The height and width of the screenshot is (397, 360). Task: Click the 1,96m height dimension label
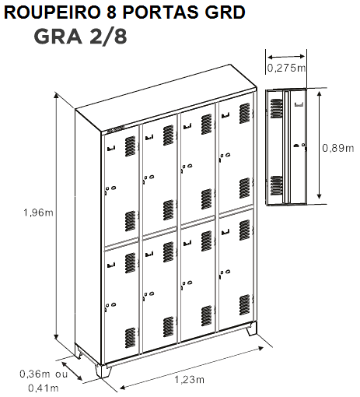(x=38, y=213)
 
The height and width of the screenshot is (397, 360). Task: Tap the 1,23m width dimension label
(x=189, y=380)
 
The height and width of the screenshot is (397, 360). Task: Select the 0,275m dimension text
(x=286, y=68)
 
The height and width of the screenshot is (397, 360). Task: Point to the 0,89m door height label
(x=338, y=148)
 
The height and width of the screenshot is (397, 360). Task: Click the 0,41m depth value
(x=44, y=388)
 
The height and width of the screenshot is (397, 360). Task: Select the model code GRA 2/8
(x=80, y=37)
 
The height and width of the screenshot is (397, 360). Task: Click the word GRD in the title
(x=225, y=12)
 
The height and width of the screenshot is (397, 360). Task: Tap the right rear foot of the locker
(x=251, y=328)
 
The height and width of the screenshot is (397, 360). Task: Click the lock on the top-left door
(x=110, y=190)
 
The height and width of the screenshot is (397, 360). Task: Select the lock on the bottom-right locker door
(x=225, y=273)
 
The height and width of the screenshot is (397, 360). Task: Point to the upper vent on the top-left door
(x=130, y=146)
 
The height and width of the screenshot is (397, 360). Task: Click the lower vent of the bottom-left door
(x=130, y=338)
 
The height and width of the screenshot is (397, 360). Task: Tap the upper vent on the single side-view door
(x=277, y=108)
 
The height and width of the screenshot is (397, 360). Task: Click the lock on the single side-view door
(x=300, y=146)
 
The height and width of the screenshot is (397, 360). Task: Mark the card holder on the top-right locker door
(x=225, y=115)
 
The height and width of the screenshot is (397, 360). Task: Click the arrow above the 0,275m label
(x=286, y=57)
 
